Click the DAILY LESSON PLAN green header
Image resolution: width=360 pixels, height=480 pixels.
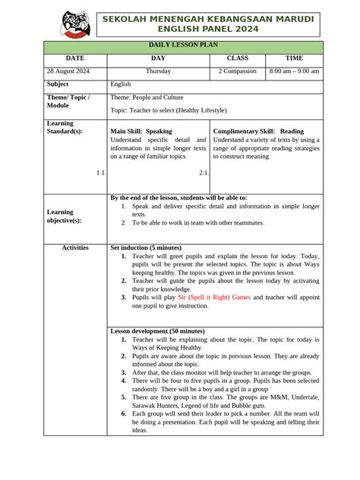[183, 47]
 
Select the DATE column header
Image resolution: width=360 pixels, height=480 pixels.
[75, 58]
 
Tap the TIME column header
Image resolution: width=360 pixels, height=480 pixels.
[294, 58]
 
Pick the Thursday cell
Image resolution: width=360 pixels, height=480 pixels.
[158, 71]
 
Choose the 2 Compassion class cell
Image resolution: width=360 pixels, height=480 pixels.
[237, 71]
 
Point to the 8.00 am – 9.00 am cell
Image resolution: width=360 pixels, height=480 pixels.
[294, 71]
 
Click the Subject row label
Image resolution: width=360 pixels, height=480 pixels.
[58, 84]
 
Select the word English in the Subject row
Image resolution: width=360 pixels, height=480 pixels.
[121, 84]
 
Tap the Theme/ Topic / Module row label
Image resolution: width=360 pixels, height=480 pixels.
[68, 102]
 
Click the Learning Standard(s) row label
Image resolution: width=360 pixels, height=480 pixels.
[64, 127]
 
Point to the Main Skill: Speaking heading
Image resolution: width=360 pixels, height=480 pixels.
[141, 131]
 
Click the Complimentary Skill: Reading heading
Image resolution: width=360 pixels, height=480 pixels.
[258, 131]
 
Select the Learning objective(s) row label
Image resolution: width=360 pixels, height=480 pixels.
[64, 216]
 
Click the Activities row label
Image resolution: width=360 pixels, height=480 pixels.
[75, 248]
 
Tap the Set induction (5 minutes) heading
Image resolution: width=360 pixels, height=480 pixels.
[146, 248]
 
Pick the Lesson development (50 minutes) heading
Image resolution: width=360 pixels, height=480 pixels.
[157, 331]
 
